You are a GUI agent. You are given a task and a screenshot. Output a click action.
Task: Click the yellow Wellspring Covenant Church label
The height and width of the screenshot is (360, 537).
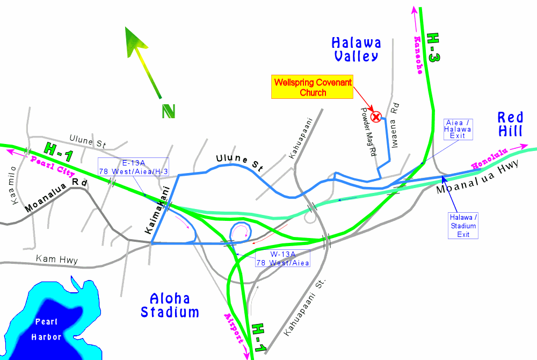point(313,87)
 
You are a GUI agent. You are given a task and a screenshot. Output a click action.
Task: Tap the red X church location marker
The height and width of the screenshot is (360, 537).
point(377,116)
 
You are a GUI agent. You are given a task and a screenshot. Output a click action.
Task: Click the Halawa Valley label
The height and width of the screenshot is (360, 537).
point(356,49)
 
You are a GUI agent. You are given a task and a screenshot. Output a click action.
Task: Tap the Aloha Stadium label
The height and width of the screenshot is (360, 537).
point(170,305)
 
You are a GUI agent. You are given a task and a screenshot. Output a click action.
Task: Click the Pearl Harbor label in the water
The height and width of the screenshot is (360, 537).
point(48,329)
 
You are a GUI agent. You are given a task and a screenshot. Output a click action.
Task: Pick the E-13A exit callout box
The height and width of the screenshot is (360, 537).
point(133,166)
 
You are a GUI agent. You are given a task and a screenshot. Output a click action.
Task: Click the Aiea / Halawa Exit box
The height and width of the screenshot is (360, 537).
point(459,129)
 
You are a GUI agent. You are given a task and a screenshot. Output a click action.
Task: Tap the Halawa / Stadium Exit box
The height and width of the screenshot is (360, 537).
point(463,225)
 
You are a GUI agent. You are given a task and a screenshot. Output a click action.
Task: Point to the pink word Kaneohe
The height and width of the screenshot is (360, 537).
point(419,55)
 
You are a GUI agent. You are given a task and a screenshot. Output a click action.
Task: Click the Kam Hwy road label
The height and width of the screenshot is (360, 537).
point(57,260)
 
